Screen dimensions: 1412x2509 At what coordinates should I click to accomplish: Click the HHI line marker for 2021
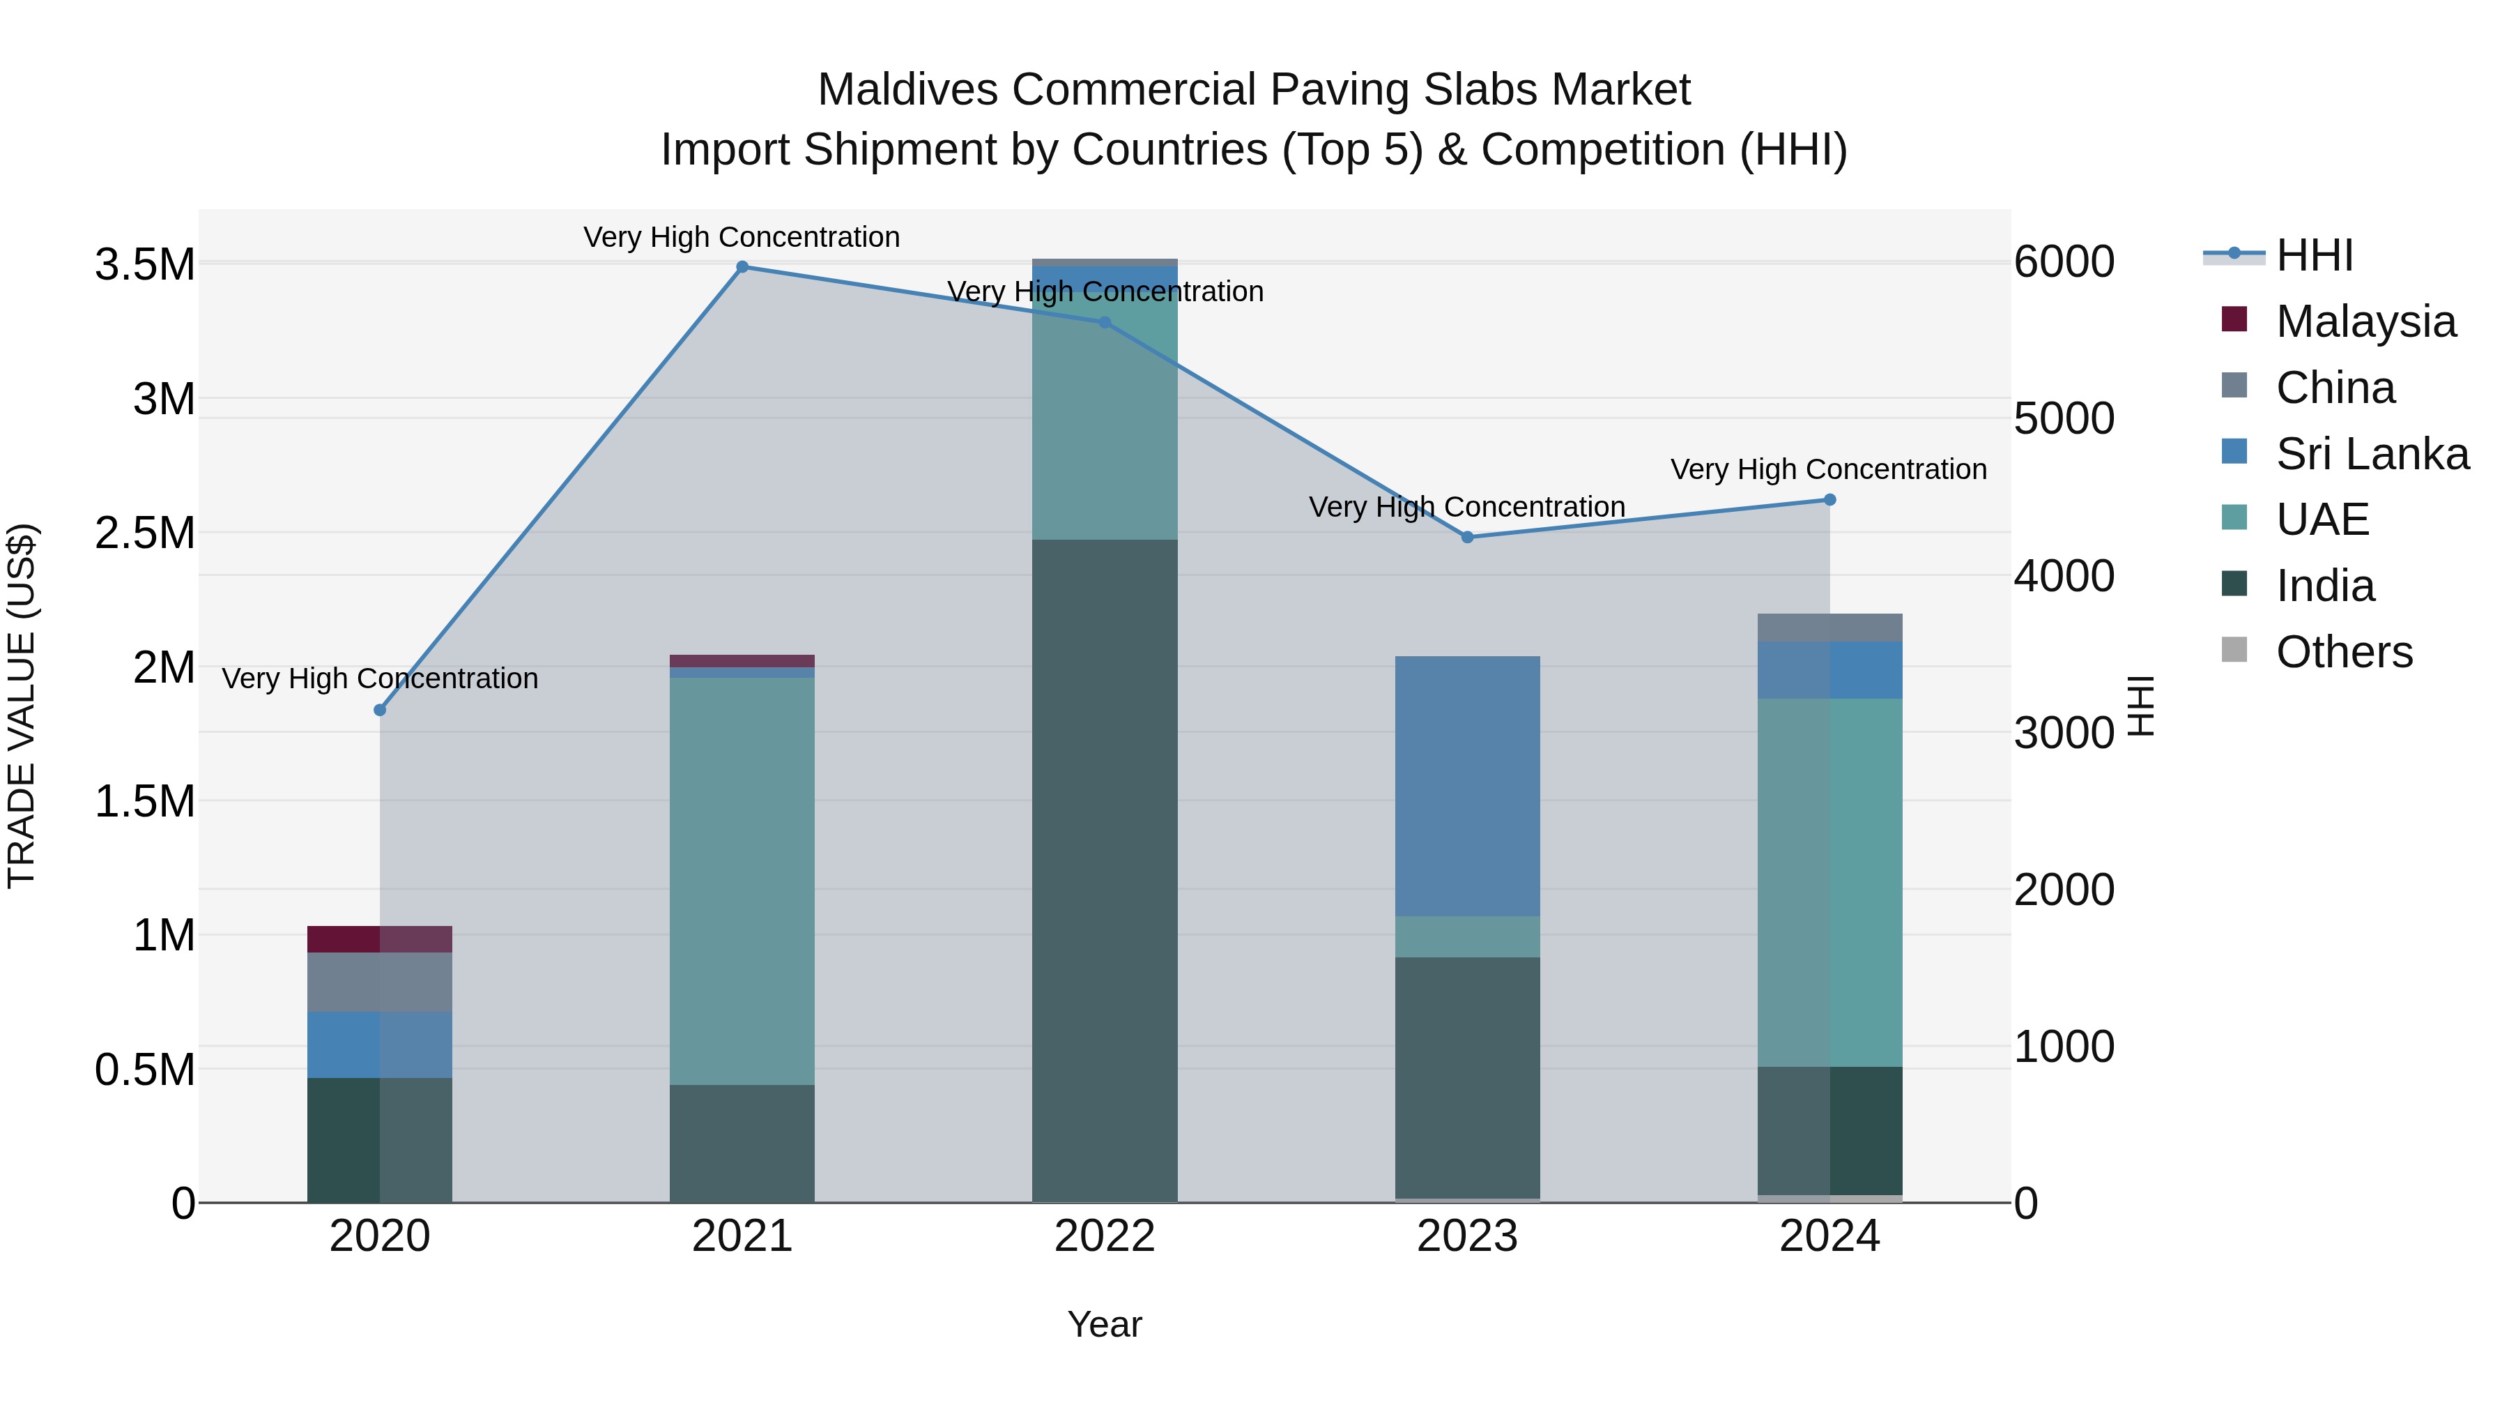[x=742, y=267]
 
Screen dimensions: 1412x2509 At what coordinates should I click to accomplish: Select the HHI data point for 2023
[x=1467, y=537]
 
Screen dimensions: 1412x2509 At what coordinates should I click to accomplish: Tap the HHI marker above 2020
[x=380, y=711]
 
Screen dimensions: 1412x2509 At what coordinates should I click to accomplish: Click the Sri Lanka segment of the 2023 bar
[x=1467, y=785]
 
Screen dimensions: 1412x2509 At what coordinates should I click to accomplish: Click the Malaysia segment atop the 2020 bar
[x=380, y=939]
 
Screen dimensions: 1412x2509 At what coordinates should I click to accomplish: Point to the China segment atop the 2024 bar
[x=1829, y=628]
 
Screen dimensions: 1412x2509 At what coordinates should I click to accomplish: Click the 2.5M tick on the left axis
[x=145, y=533]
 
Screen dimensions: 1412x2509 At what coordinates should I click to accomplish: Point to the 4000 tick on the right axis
[x=2064, y=576]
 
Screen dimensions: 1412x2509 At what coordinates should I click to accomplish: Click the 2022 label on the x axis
[x=1105, y=1236]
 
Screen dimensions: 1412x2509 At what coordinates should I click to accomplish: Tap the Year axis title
[x=1105, y=1324]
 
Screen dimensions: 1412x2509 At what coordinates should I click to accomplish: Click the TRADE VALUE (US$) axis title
[x=22, y=706]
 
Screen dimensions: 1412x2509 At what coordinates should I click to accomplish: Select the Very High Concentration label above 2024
[x=1828, y=470]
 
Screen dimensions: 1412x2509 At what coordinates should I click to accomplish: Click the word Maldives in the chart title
[x=907, y=90]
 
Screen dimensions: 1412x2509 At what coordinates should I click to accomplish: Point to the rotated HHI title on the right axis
[x=2140, y=706]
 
